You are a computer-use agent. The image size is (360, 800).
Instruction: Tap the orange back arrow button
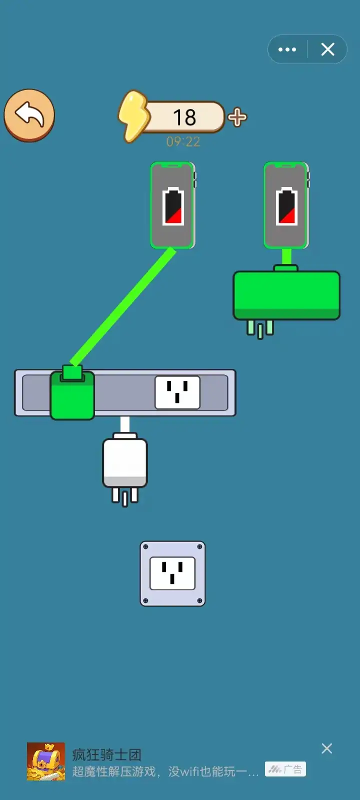click(29, 115)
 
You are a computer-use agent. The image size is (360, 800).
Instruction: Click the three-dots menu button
click(287, 49)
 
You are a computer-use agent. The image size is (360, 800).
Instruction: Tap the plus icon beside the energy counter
click(237, 117)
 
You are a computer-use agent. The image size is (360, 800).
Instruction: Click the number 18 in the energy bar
click(184, 117)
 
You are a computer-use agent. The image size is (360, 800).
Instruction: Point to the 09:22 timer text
click(183, 142)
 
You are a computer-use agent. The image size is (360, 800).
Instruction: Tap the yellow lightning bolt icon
click(133, 116)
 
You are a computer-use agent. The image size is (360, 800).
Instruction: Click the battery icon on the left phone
click(173, 206)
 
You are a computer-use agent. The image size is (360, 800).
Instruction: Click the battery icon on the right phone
click(287, 206)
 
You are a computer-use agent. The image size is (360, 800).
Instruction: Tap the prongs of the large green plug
click(260, 329)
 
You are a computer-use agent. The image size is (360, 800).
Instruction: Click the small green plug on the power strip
click(72, 392)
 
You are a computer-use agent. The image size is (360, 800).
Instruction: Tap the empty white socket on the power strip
click(177, 392)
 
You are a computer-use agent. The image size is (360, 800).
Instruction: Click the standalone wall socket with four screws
click(172, 573)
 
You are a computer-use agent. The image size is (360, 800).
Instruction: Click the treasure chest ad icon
click(46, 761)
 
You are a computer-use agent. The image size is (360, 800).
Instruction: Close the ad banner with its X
click(327, 748)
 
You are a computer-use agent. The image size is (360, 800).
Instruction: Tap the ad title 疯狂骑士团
click(107, 754)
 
